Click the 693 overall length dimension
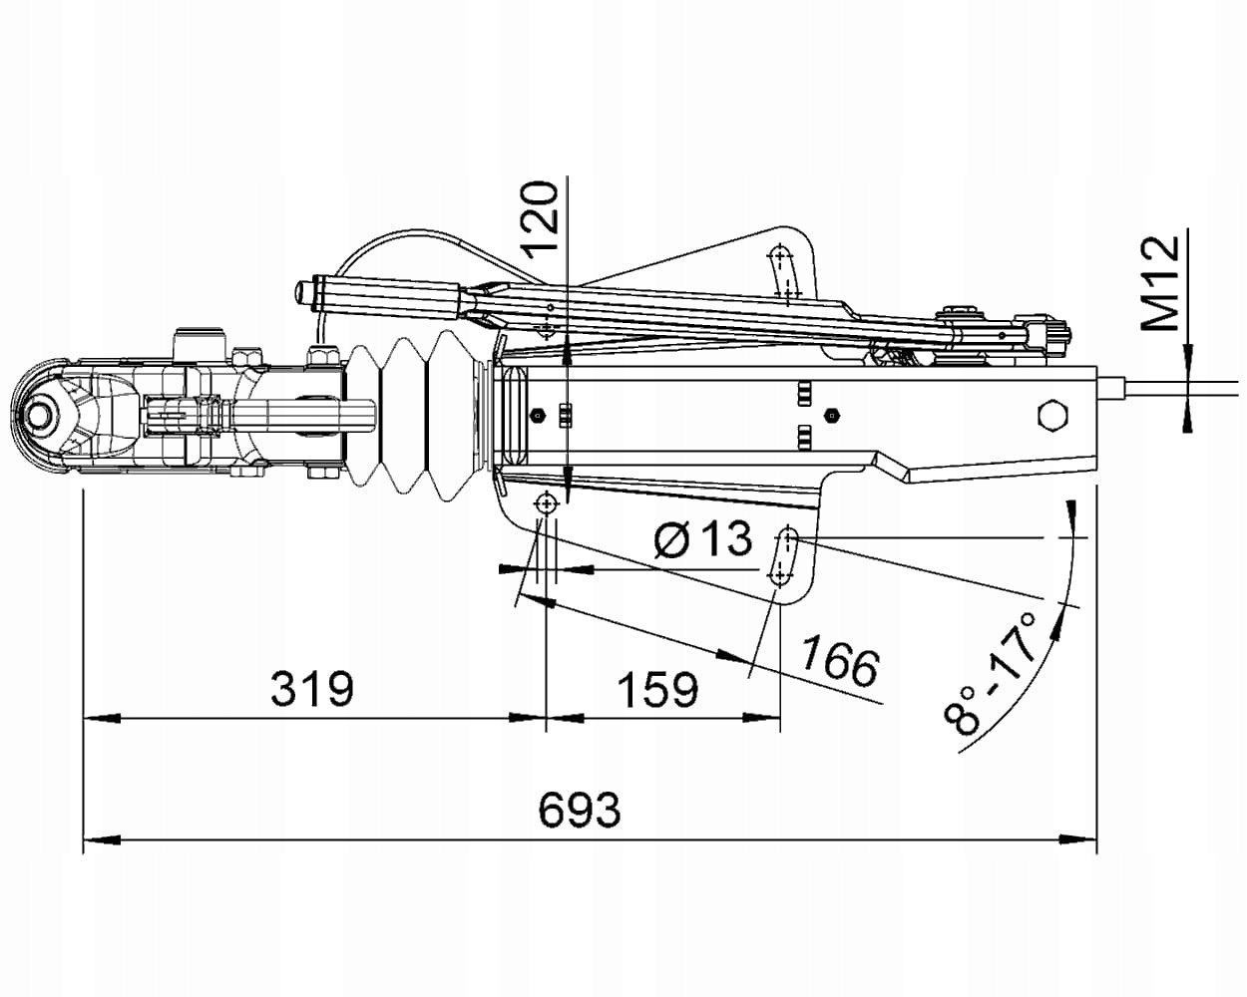coord(579,810)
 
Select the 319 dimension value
coord(312,688)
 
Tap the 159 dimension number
coord(657,688)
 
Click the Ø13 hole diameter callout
coord(702,541)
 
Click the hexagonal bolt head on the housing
coord(1053,414)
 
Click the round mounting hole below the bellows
coord(546,503)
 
